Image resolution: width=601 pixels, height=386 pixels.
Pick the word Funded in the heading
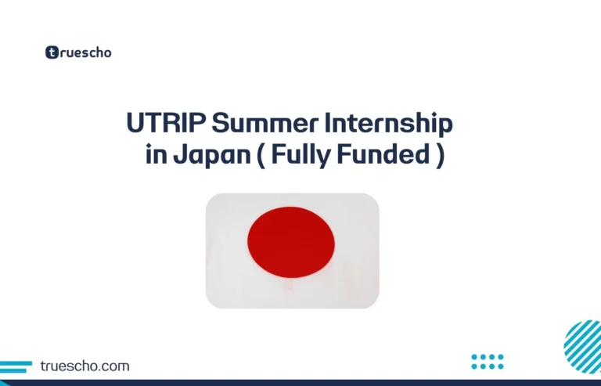(x=383, y=156)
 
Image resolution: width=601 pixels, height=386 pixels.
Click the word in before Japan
(x=153, y=156)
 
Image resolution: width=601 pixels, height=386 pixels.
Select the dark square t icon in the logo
(x=52, y=52)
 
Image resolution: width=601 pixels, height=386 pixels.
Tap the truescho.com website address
(x=84, y=366)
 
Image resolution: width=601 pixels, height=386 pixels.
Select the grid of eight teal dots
(x=488, y=361)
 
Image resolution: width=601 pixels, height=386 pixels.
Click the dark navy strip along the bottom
(x=300, y=383)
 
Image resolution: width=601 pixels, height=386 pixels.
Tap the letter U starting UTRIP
(x=135, y=124)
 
